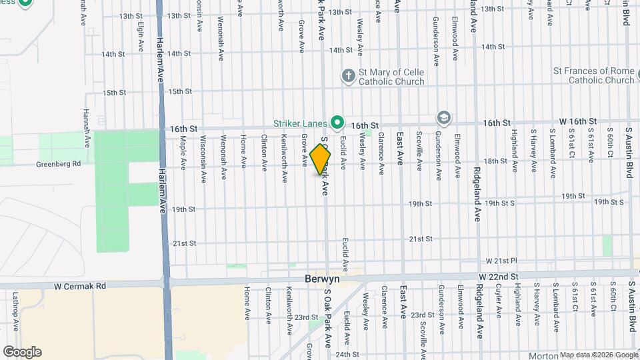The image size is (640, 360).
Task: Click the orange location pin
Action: click(320, 159)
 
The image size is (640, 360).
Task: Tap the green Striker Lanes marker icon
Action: click(338, 123)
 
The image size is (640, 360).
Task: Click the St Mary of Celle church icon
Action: click(347, 75)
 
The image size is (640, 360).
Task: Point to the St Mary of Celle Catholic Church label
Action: click(392, 77)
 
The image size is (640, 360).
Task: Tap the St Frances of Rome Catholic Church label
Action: click(593, 75)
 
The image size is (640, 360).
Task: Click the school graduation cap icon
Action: click(443, 118)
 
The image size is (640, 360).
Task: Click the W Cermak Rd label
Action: click(81, 285)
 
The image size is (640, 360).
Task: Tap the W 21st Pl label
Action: click(502, 261)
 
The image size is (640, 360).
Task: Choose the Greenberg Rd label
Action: click(58, 163)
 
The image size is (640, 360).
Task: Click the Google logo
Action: click(22, 352)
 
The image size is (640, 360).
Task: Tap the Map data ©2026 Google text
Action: click(598, 355)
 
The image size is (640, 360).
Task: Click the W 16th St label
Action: click(577, 121)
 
